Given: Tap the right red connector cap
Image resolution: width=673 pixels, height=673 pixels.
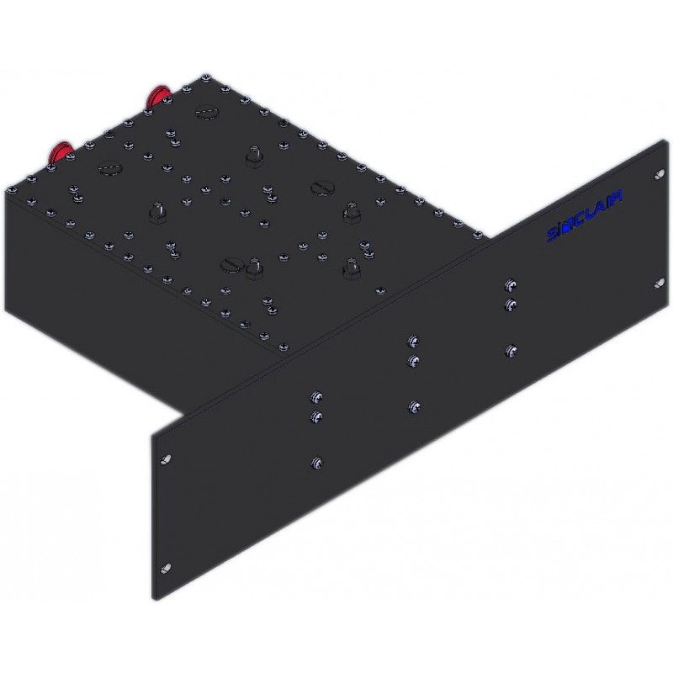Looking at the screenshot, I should click(x=157, y=96).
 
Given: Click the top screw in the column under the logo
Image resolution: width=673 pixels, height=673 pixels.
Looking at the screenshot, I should click(x=509, y=285).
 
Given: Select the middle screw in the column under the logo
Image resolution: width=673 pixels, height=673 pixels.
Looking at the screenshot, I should click(x=509, y=303).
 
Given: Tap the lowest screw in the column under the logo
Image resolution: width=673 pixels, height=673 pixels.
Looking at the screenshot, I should click(x=509, y=349).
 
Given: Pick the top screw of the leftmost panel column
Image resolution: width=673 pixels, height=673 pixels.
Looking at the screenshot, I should click(x=316, y=397).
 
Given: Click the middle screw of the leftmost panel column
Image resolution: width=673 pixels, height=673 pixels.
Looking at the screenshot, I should click(x=316, y=416).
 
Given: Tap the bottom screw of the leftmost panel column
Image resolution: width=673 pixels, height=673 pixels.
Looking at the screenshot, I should click(x=316, y=462).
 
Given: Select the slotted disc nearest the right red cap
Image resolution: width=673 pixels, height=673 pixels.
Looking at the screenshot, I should click(x=206, y=109).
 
